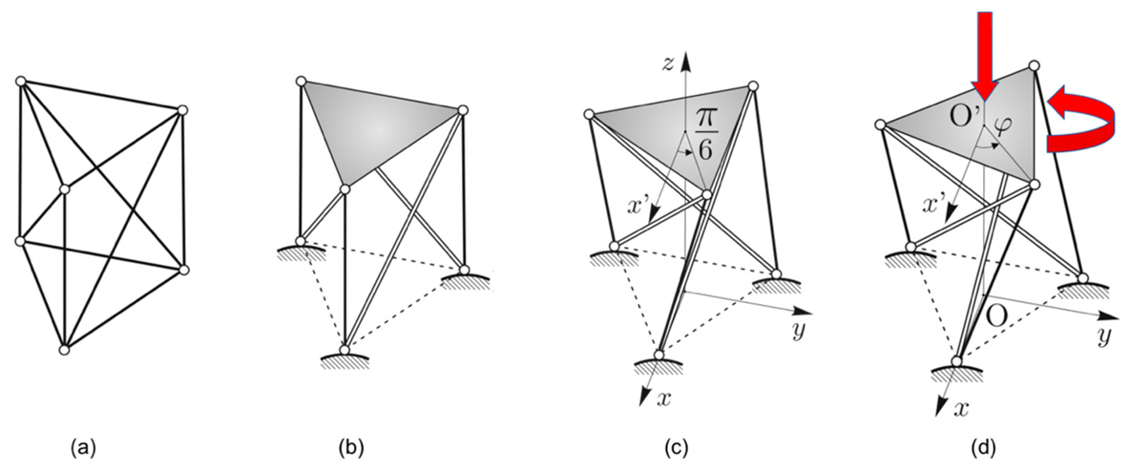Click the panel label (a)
pos(83,448)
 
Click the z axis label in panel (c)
pos(667,64)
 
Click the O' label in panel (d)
pos(964,118)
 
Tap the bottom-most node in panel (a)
pos(64,350)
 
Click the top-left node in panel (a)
pos(20,81)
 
